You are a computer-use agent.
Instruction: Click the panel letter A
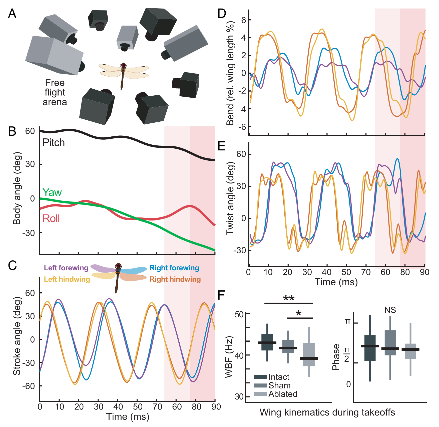12,14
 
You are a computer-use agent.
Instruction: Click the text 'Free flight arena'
55,92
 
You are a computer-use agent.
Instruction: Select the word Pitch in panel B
54,143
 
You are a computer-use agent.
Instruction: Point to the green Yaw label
52,192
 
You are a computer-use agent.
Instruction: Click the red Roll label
51,219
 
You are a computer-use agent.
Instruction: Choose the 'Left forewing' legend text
66,268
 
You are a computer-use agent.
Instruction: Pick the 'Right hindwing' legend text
175,279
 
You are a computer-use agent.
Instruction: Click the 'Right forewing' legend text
174,268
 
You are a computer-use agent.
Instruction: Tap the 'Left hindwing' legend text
67,279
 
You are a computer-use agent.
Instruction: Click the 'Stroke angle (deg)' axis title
17,336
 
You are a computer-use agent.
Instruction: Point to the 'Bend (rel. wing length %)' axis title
230,73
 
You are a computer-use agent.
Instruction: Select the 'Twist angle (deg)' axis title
230,198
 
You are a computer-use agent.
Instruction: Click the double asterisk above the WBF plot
289,298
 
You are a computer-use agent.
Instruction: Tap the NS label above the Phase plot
390,310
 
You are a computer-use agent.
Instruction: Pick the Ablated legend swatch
260,394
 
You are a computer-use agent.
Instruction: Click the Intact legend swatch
260,377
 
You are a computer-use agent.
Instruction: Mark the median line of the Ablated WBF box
309,358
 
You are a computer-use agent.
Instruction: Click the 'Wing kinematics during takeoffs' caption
327,412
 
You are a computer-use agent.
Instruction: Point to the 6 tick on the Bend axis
244,20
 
